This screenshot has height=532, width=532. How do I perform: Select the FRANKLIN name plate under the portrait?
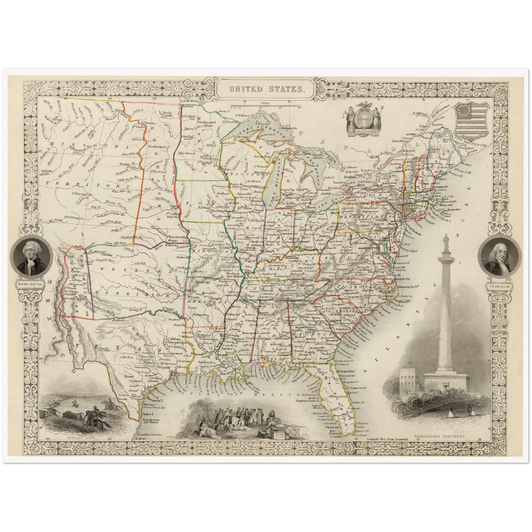[x=500, y=286]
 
